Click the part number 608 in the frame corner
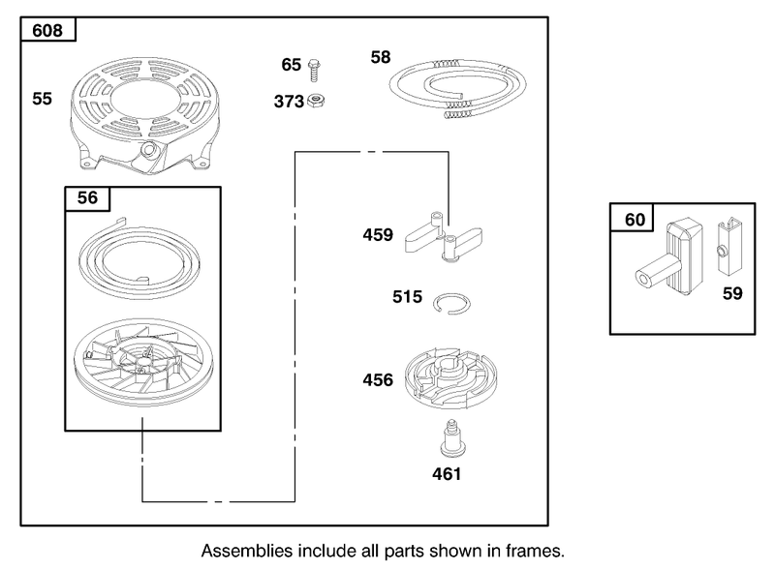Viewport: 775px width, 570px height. tap(47, 31)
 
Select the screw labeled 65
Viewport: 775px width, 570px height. tap(314, 70)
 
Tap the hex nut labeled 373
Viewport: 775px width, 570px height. tap(316, 101)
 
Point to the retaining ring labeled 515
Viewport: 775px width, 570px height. tap(451, 303)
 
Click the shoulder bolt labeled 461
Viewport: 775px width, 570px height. tap(450, 437)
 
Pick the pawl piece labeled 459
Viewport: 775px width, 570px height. tap(443, 238)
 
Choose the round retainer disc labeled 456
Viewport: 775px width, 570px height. tap(449, 378)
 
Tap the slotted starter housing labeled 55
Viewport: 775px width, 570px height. tap(144, 116)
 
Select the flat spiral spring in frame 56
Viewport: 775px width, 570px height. tap(139, 258)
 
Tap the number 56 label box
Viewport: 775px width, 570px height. tap(87, 198)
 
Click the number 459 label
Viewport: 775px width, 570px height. tap(378, 234)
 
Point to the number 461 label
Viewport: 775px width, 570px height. tap(447, 474)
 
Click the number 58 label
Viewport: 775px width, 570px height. tap(381, 57)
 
